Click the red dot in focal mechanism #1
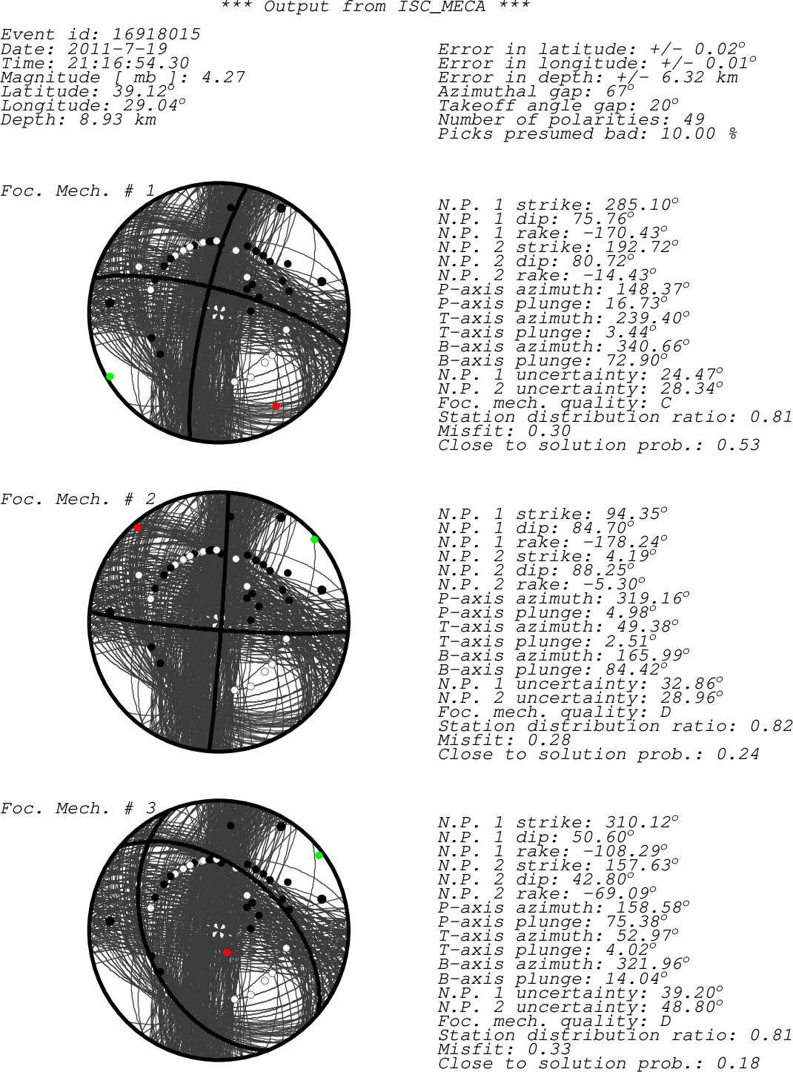coord(276,406)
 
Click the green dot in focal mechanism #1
coord(110,377)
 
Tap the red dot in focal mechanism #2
coord(137,528)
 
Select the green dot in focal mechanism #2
coord(314,540)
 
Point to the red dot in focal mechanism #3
coord(227,952)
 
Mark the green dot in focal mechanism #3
coord(319,855)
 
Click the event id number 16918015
coord(156,34)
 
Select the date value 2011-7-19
coord(117,49)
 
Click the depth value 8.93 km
coord(118,119)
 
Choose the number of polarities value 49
coord(694,119)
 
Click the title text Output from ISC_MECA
coord(375,7)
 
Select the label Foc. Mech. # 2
coord(79,499)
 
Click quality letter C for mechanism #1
coord(666,403)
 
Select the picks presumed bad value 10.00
coord(689,133)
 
